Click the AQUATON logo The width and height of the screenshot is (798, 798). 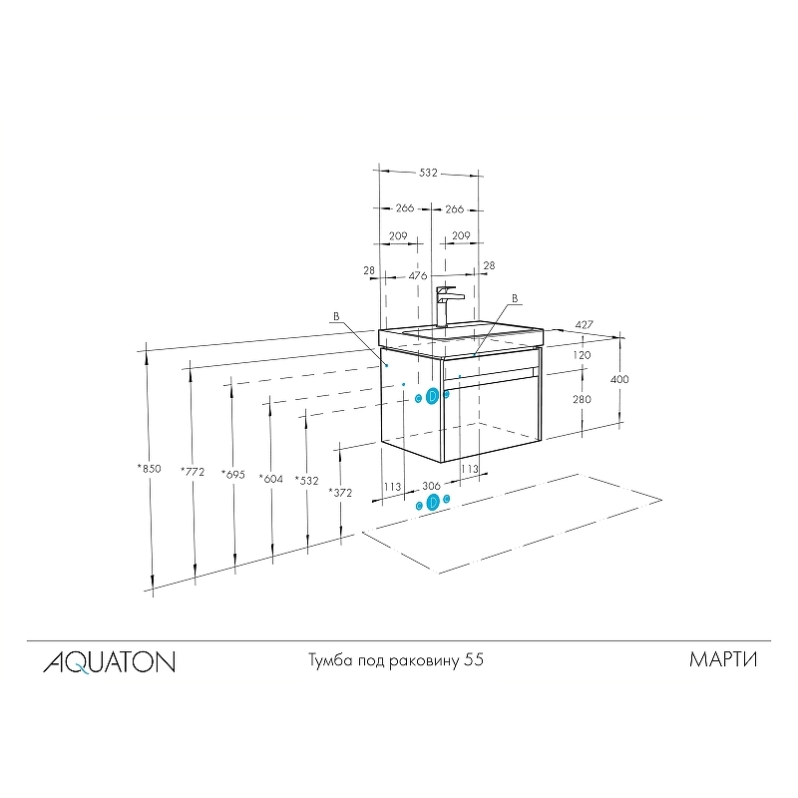[109, 662]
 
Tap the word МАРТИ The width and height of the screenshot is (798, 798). [723, 659]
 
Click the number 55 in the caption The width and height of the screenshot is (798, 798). [473, 660]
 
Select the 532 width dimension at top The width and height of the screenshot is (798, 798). [428, 173]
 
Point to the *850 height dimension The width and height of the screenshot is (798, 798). [149, 469]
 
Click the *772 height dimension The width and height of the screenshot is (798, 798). [193, 472]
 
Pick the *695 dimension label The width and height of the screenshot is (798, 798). [233, 475]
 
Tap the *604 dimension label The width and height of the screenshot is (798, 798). [270, 479]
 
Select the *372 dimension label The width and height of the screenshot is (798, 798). [340, 492]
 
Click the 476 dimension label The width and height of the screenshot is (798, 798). [418, 276]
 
